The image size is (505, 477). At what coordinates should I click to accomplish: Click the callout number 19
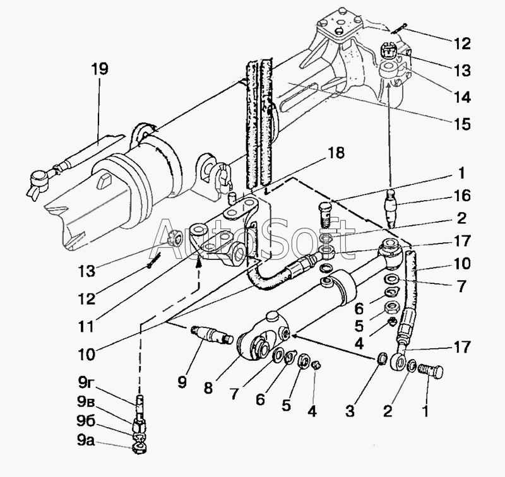(x=100, y=69)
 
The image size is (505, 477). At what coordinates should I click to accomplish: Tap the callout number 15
(x=461, y=124)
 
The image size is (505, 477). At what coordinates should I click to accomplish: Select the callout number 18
(x=336, y=153)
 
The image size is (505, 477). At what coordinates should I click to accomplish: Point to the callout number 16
(x=461, y=196)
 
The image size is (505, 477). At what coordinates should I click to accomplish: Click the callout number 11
(x=86, y=326)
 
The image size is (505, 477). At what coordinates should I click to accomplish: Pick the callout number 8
(x=208, y=388)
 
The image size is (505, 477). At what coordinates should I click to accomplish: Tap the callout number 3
(x=350, y=411)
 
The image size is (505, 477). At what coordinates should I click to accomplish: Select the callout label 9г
(x=86, y=383)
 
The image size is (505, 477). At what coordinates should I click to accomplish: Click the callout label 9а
(x=86, y=441)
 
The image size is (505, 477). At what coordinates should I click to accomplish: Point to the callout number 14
(x=461, y=97)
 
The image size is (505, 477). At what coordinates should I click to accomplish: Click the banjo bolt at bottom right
(x=431, y=372)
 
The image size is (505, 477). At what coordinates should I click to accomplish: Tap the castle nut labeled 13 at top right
(x=388, y=50)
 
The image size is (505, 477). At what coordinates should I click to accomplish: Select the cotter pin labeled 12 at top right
(x=400, y=28)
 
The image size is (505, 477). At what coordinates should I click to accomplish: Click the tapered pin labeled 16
(x=391, y=208)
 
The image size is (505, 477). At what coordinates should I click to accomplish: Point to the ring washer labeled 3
(x=381, y=358)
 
